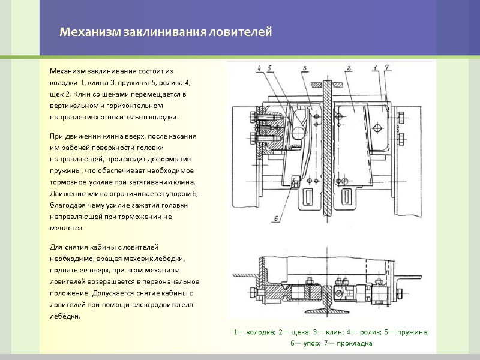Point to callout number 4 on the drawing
coord(260,68)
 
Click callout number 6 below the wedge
coord(275,218)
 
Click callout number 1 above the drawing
coord(374,67)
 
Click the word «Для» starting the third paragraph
coord(55,247)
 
